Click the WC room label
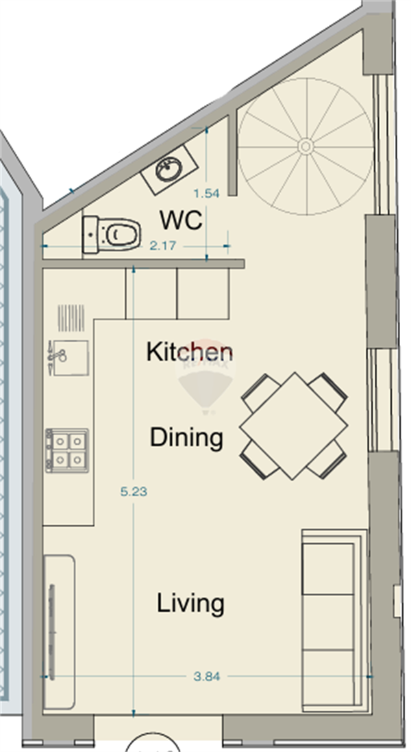181,220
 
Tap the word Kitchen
190,352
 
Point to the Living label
190,604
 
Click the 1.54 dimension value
206,193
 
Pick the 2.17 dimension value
163,246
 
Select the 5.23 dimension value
134,491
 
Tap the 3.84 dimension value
207,676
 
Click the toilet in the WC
112,235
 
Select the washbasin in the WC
169,170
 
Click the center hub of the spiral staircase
306,146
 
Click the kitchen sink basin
71,358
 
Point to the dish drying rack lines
71,318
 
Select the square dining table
294,426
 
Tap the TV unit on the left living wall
59,632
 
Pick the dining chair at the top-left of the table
262,392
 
